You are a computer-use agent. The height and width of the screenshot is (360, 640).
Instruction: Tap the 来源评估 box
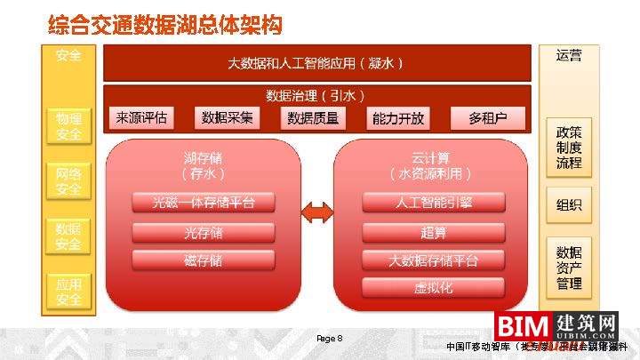point(141,118)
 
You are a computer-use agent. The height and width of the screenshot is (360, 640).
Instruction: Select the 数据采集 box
point(228,118)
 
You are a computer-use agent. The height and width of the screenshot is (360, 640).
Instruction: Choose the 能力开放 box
point(398,118)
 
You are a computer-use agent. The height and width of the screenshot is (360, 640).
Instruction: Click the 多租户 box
point(487,118)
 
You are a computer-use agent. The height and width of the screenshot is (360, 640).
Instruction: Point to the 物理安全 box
point(68,126)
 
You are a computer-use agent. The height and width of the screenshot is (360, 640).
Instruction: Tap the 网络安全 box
point(68,181)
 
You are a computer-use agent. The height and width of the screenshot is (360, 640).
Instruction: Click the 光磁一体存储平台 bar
point(204,204)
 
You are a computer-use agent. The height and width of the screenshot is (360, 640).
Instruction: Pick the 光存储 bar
point(204,233)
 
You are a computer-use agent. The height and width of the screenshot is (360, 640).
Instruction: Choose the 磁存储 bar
point(204,260)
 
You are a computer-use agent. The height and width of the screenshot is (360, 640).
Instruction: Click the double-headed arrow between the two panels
point(317,213)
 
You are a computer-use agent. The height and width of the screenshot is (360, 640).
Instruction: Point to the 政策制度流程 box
point(569,148)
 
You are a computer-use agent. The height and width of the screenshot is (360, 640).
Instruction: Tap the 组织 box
point(569,205)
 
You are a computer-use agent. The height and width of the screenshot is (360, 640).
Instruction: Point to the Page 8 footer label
point(329,339)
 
